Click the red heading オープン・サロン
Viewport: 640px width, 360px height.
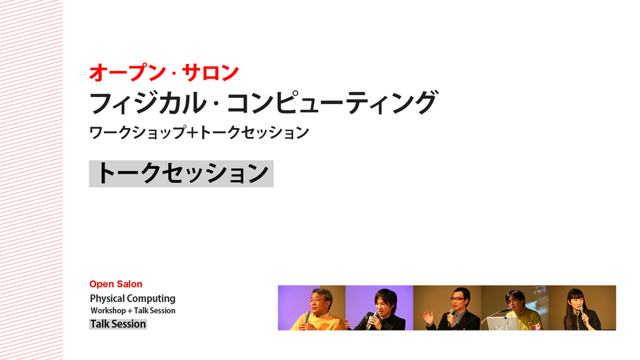click(164, 73)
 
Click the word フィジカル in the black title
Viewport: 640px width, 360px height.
click(148, 102)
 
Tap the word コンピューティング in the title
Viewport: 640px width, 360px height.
click(332, 102)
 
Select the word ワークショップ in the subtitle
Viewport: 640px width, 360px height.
click(138, 133)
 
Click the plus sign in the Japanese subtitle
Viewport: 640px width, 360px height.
click(194, 133)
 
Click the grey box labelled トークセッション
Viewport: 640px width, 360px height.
click(181, 174)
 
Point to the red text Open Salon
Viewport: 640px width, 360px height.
click(116, 284)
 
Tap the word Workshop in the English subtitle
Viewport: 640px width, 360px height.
click(108, 310)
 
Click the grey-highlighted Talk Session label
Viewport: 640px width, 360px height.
click(118, 324)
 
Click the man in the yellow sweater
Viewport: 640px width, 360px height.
click(317, 310)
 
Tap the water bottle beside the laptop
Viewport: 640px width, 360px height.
click(506, 323)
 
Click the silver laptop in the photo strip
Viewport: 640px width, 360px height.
click(497, 323)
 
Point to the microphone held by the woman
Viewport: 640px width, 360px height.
click(582, 313)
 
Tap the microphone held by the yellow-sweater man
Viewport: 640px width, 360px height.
click(307, 317)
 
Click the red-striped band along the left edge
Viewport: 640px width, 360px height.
click(31, 180)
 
